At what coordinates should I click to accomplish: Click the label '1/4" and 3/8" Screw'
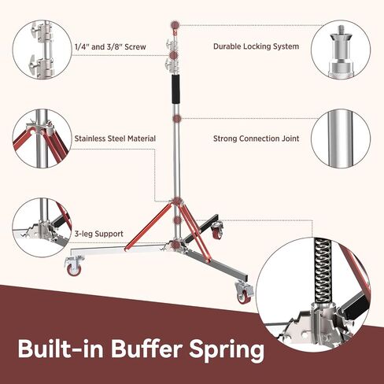click(x=110, y=47)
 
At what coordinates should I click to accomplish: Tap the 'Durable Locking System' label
click(x=256, y=46)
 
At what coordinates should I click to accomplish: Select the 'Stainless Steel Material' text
click(x=115, y=138)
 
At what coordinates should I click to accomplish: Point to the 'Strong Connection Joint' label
click(x=256, y=138)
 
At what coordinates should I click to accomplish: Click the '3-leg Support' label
click(x=99, y=234)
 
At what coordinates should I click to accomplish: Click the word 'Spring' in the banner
click(x=227, y=349)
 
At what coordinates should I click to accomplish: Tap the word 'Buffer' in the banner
click(x=146, y=349)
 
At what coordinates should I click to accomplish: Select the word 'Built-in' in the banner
click(x=61, y=349)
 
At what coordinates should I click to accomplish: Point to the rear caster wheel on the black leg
click(x=217, y=231)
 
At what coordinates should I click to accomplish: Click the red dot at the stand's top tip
click(x=175, y=25)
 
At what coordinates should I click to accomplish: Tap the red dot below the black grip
click(x=178, y=119)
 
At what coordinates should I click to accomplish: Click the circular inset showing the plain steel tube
click(x=341, y=138)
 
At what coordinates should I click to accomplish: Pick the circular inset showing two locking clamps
click(x=42, y=49)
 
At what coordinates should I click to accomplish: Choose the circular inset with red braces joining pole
click(x=42, y=138)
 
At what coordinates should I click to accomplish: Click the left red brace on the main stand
click(x=149, y=227)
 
